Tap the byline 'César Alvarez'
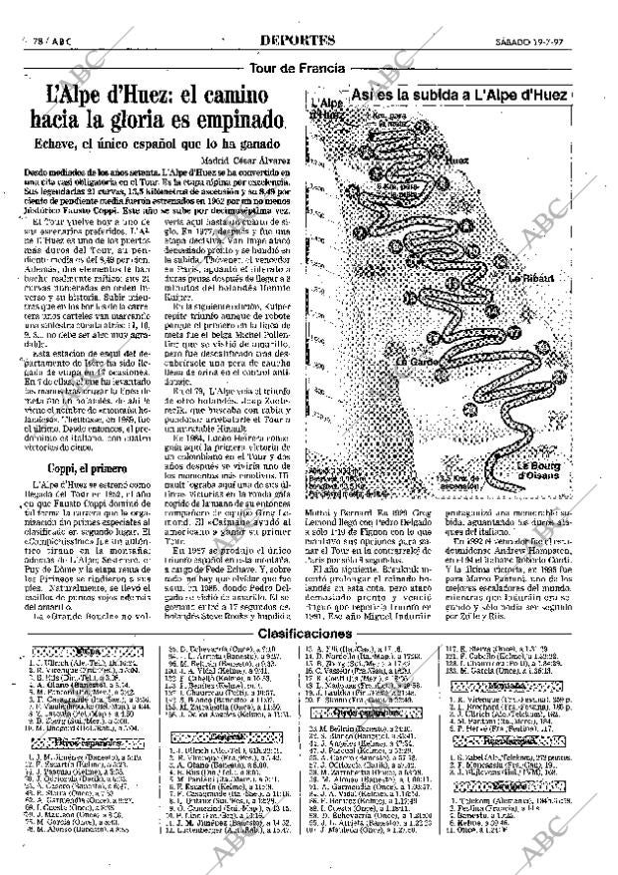pos(255,159)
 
